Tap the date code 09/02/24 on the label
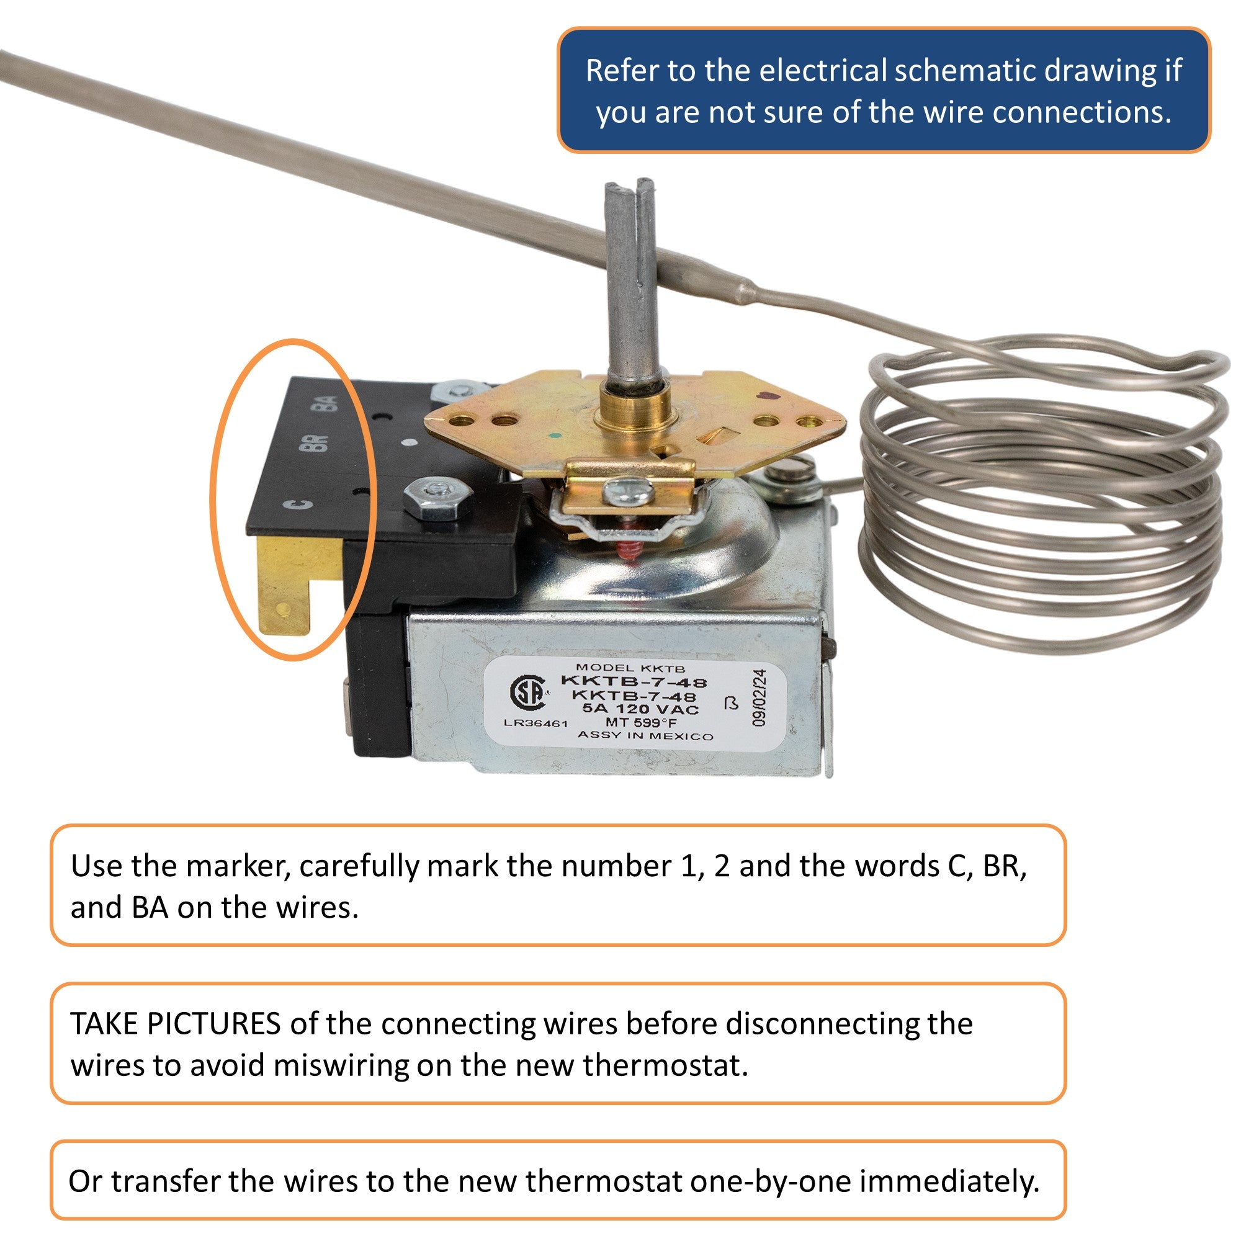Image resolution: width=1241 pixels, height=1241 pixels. coord(760,697)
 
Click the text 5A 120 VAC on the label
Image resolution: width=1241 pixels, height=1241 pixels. coord(640,710)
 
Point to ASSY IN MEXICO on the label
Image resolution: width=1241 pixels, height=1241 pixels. coord(645,735)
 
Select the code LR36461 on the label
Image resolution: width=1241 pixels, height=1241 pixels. coord(535,724)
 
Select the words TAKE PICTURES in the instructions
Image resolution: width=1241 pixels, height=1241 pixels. coord(175,1024)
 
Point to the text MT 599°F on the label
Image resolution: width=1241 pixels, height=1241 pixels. coord(641,723)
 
